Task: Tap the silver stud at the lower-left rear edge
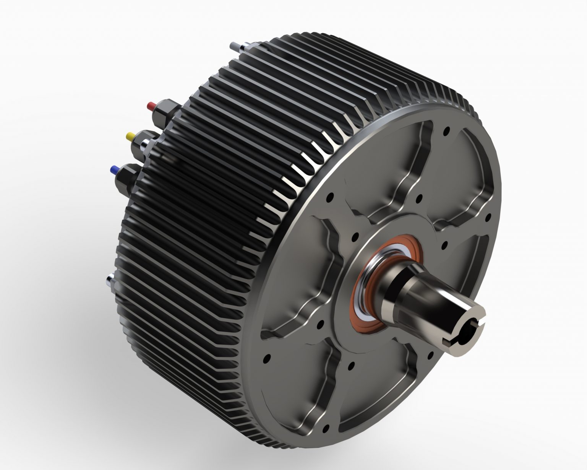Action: click(x=110, y=281)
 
